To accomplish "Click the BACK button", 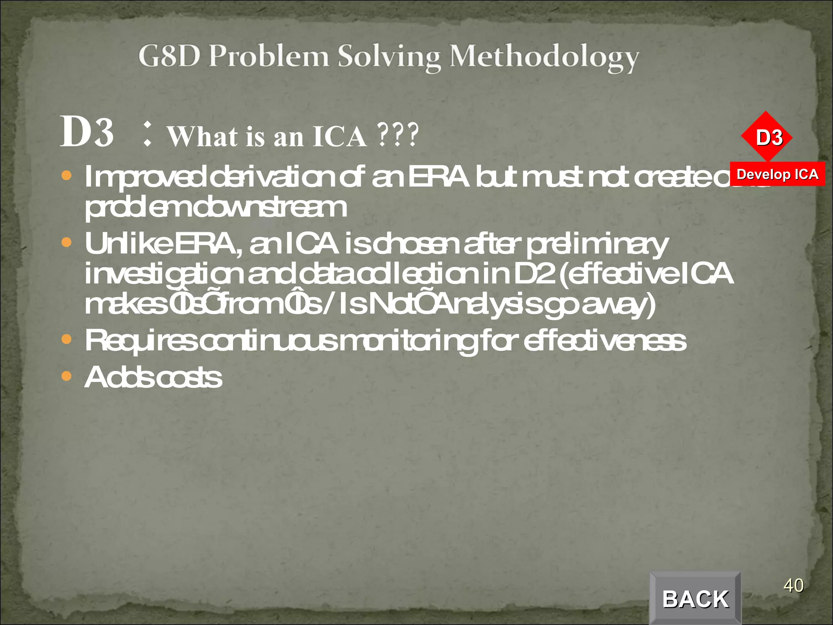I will (695, 598).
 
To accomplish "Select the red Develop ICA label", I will (777, 174).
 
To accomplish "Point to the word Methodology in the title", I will (544, 58).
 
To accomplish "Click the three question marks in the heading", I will (397, 135).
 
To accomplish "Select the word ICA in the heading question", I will (339, 137).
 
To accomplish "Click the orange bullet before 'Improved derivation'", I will (66, 176).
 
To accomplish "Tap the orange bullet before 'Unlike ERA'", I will (66, 243).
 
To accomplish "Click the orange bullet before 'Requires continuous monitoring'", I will (66, 339).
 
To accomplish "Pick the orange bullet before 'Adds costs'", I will (66, 376).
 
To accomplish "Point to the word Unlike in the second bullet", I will (128, 244).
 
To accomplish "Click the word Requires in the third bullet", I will (141, 341).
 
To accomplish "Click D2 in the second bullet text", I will (534, 273).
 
